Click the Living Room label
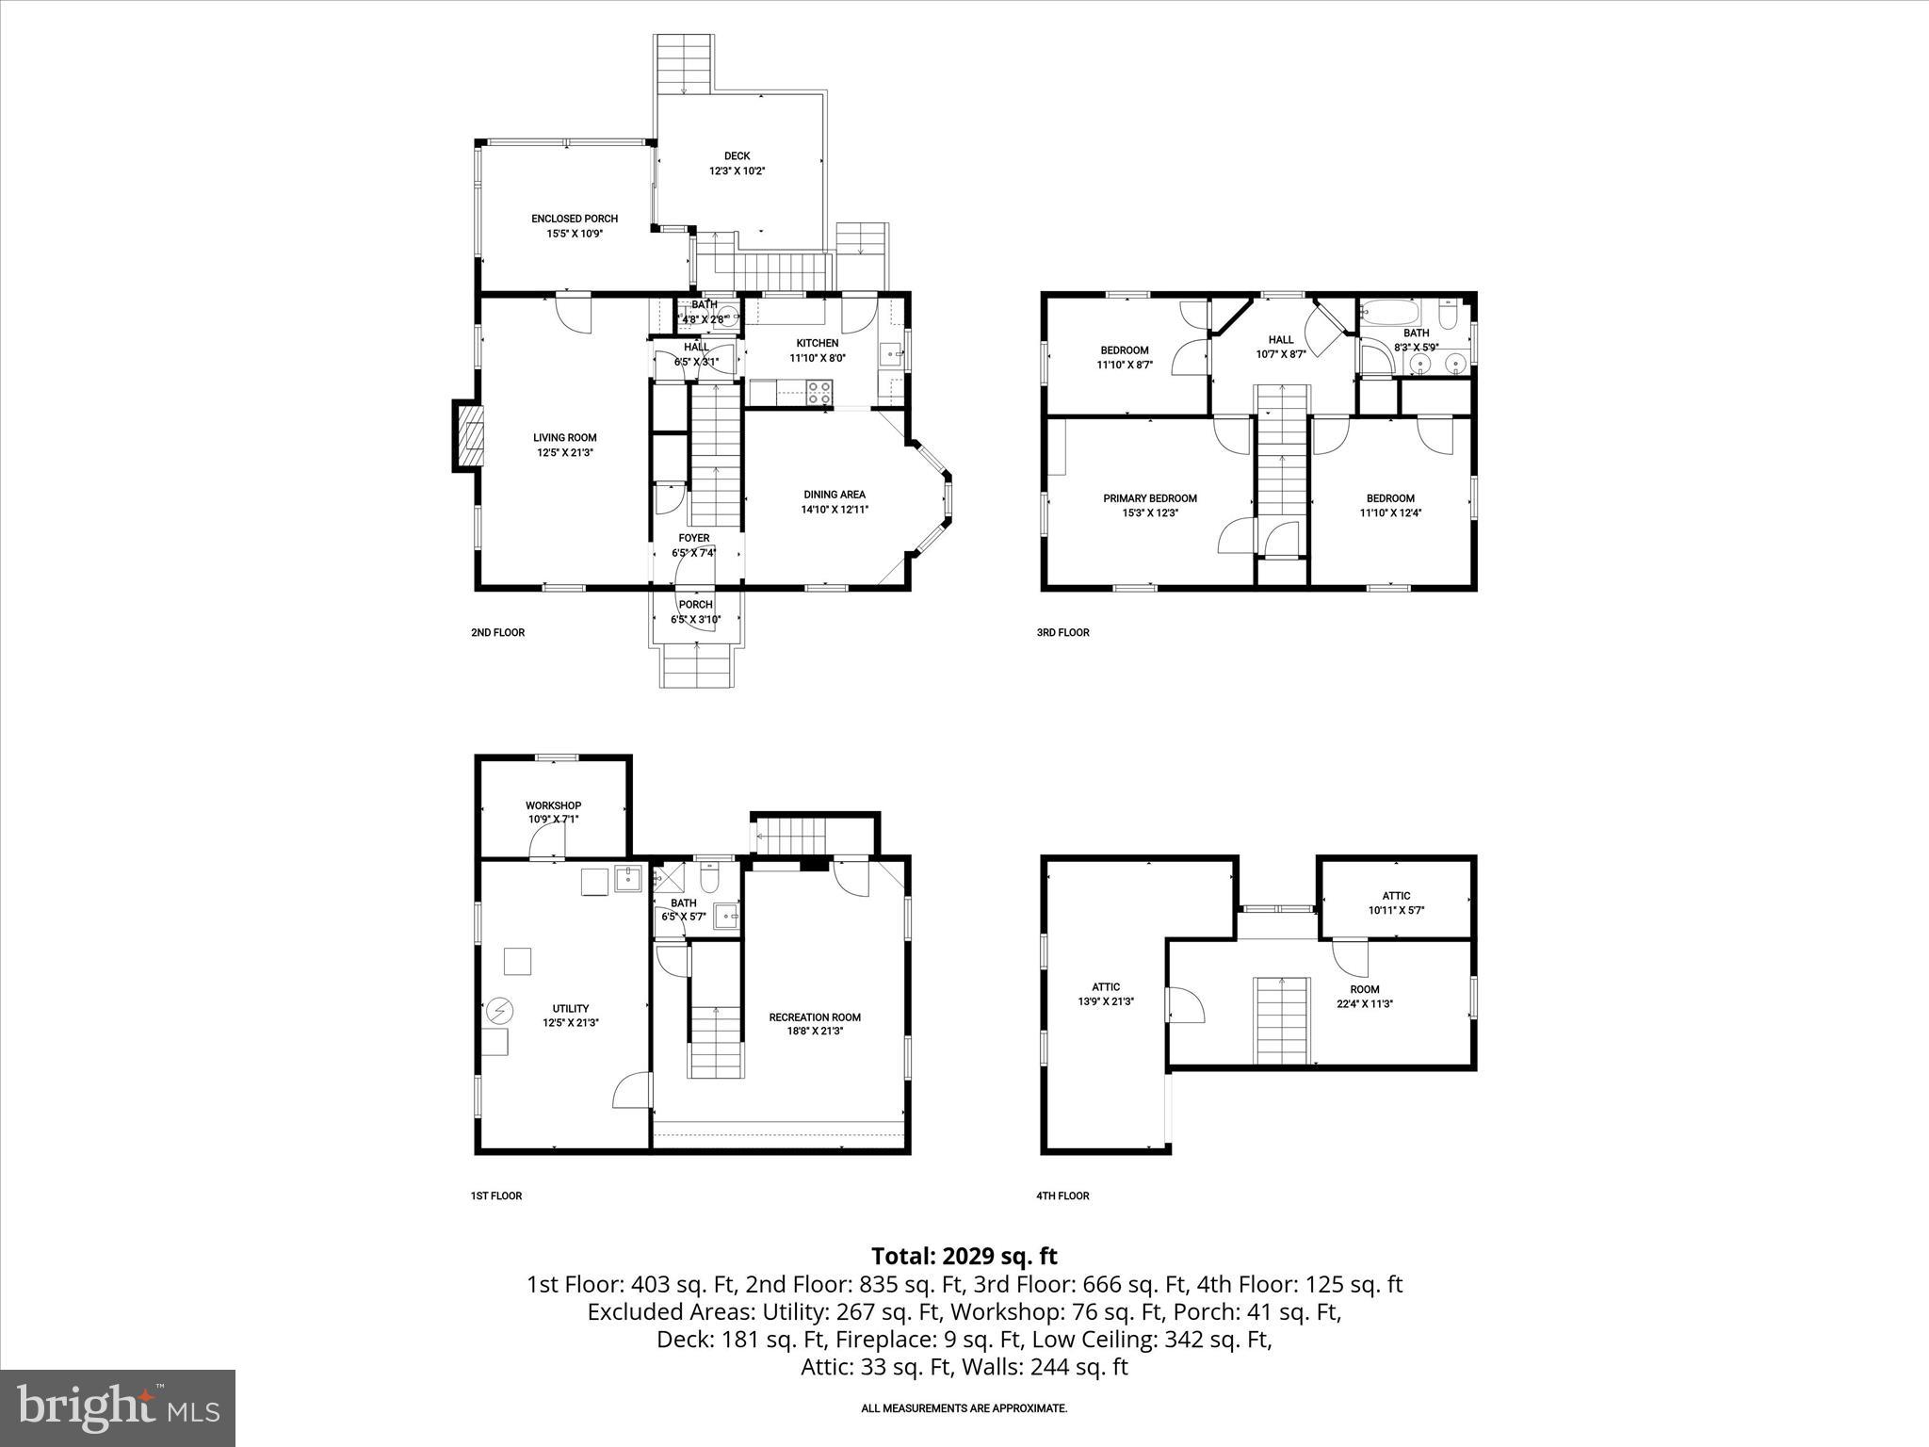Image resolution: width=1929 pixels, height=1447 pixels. pyautogui.click(x=564, y=437)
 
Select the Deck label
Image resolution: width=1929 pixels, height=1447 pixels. pyautogui.click(x=737, y=156)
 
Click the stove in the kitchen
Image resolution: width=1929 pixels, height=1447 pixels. pyautogui.click(x=819, y=392)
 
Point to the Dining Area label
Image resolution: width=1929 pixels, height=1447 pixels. pyautogui.click(x=834, y=495)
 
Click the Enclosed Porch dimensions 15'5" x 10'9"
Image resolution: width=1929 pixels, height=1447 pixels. pyautogui.click(x=574, y=234)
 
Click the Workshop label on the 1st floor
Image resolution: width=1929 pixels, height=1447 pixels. pyautogui.click(x=553, y=805)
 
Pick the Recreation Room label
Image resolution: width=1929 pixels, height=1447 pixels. pyautogui.click(x=815, y=1017)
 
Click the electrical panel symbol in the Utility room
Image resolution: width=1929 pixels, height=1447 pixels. pyautogui.click(x=499, y=1011)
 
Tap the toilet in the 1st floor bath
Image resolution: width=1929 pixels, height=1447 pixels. pyautogui.click(x=709, y=878)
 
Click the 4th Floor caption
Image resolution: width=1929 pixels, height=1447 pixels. pyautogui.click(x=1062, y=1195)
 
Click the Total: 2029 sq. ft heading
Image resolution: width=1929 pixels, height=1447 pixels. pyautogui.click(x=964, y=1256)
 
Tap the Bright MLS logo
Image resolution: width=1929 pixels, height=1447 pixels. pyautogui.click(x=118, y=1407)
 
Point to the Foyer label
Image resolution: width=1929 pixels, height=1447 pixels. pyautogui.click(x=694, y=539)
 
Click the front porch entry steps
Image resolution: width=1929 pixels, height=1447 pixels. pyautogui.click(x=696, y=666)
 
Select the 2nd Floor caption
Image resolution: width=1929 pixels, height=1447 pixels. pyautogui.click(x=497, y=632)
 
